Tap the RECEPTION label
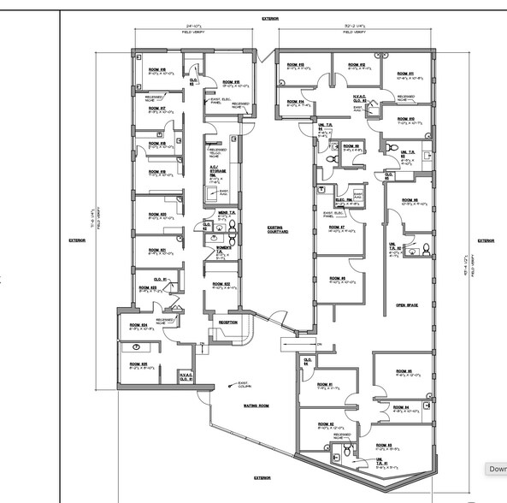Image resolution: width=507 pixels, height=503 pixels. click(227, 322)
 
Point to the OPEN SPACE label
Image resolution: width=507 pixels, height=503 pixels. click(405, 305)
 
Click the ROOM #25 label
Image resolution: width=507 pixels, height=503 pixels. click(139, 364)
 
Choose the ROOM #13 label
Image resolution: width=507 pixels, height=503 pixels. click(296, 65)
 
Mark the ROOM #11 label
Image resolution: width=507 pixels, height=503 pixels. click(405, 74)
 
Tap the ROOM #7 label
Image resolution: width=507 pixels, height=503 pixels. click(336, 228)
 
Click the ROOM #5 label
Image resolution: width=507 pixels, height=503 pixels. click(404, 370)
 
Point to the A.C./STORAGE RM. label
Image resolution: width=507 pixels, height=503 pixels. click(219, 170)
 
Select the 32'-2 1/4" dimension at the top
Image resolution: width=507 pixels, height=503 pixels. click(353, 27)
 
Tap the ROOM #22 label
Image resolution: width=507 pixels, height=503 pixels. click(223, 284)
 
